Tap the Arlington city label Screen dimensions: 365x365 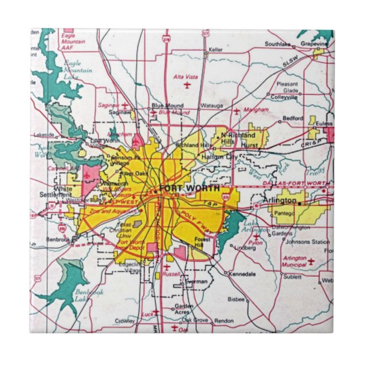pyautogui.click(x=279, y=201)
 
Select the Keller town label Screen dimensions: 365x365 pyautogui.click(x=215, y=50)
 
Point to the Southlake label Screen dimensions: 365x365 pyautogui.click(x=278, y=44)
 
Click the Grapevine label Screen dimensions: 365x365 pyautogui.click(x=315, y=44)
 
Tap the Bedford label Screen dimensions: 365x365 pyautogui.click(x=293, y=118)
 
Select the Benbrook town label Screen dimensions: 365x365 pyautogui.click(x=58, y=240)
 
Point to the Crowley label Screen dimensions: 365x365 pyautogui.click(x=125, y=321)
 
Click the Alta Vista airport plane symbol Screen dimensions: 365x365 pyautogui.click(x=187, y=86)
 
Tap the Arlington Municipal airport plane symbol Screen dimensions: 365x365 pyautogui.click(x=311, y=261)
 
